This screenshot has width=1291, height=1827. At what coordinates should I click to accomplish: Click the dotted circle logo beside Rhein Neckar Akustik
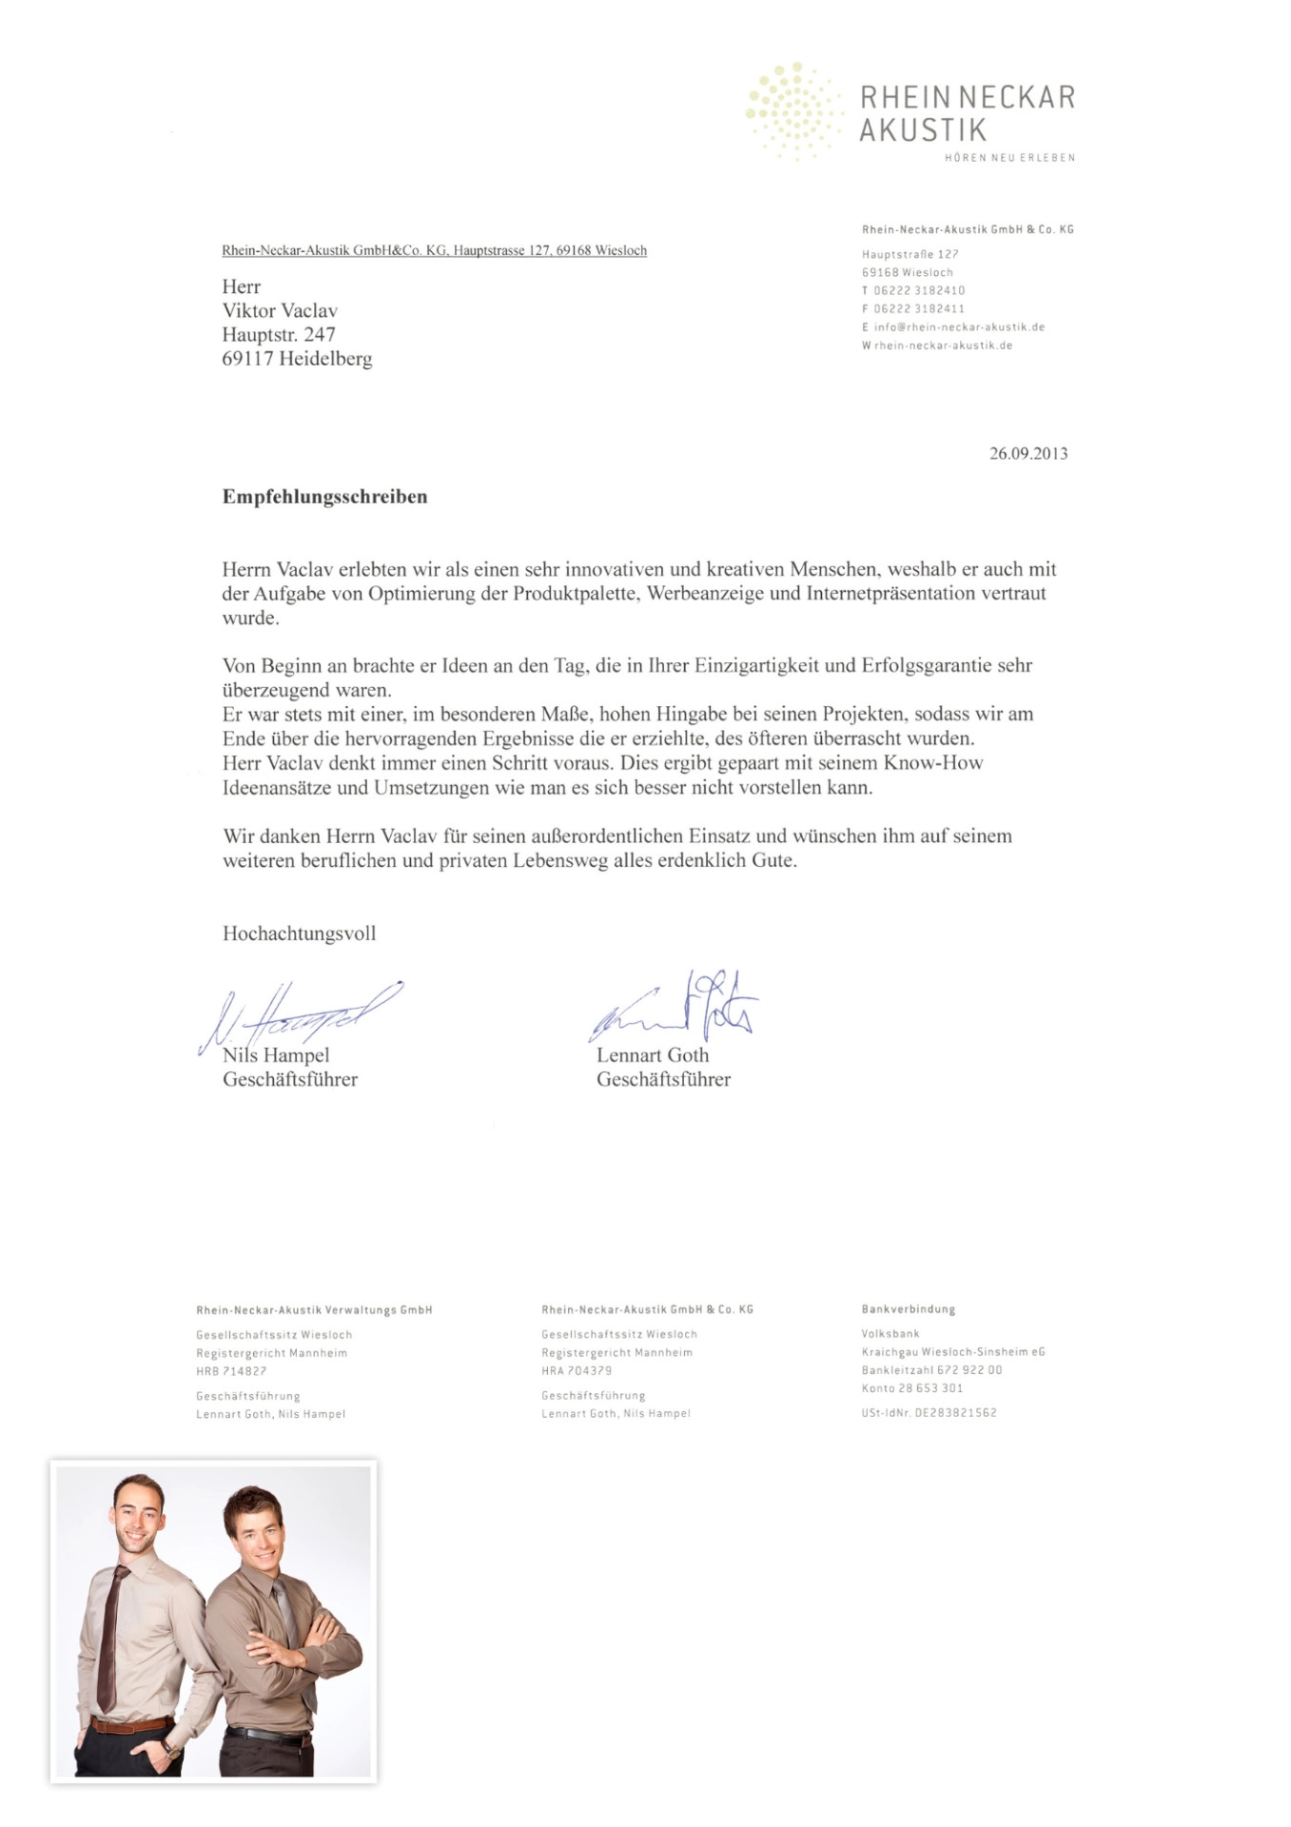pos(792,112)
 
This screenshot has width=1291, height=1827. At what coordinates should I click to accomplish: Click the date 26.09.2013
pos(1027,454)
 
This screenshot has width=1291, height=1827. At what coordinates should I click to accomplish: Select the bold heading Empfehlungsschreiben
pos(324,497)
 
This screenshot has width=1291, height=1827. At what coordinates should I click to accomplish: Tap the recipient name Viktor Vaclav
pos(280,311)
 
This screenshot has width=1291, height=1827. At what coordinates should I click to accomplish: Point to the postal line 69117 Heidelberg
pos(297,359)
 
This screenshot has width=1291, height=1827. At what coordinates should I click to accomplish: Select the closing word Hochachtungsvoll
pos(299,933)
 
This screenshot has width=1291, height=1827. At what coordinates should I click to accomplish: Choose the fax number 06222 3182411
pos(918,309)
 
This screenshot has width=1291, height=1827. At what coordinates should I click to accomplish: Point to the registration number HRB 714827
pos(231,1371)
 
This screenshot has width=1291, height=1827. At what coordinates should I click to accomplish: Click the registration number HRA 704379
pos(577,1371)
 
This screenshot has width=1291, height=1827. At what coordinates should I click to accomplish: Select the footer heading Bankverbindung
pos(908,1309)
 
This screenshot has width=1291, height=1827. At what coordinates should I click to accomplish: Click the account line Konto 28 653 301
pos(911,1388)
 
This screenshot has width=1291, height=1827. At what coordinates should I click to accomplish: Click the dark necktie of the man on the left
pos(112,1637)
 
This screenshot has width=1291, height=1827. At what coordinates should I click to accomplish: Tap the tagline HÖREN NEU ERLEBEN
pos(1008,158)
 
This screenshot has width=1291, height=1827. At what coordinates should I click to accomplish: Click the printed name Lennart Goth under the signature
pos(653,1055)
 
